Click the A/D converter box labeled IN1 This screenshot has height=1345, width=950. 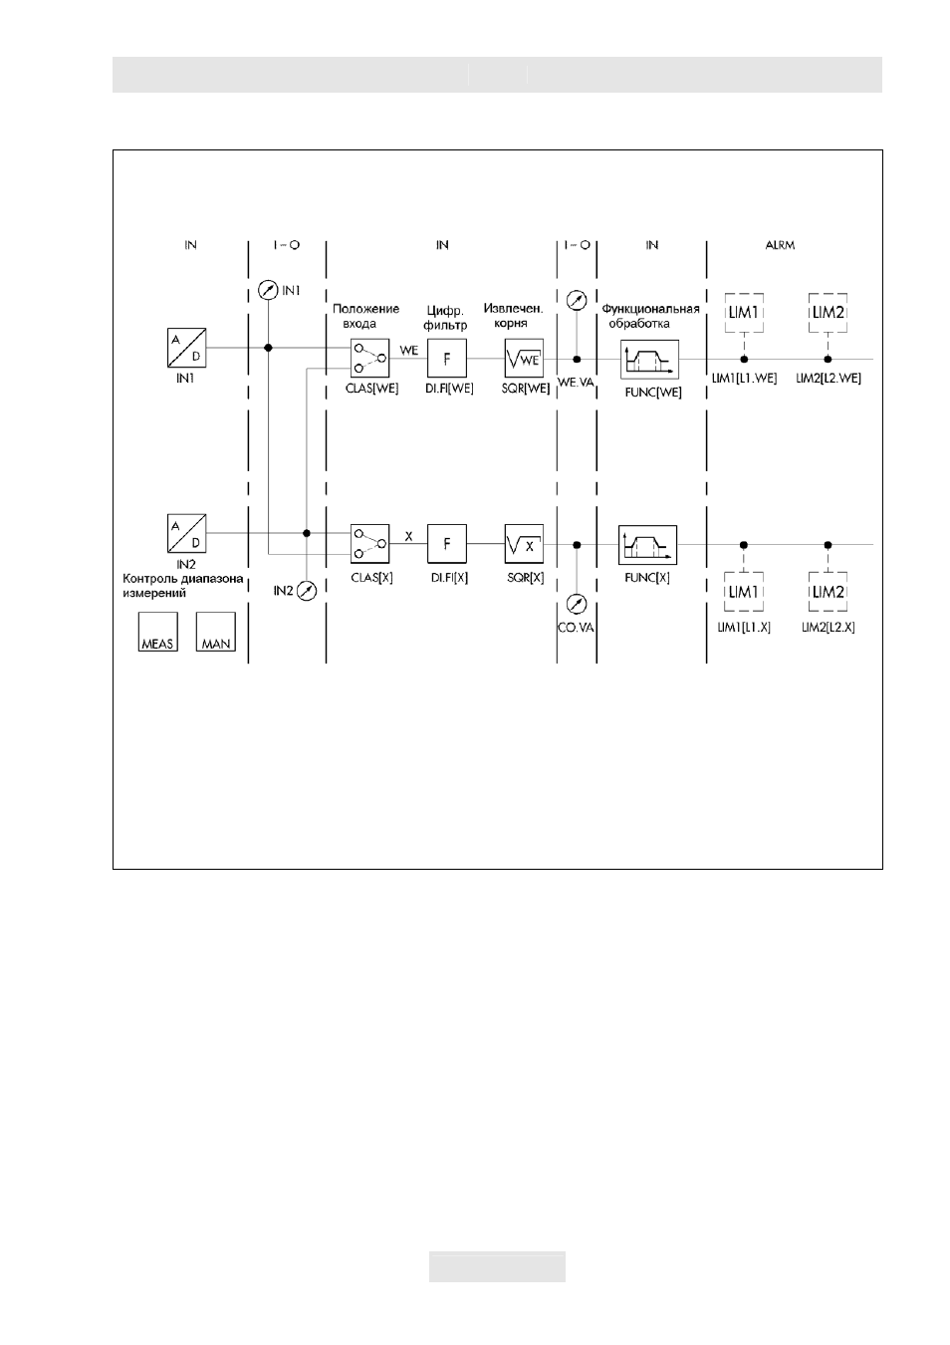pyautogui.click(x=186, y=348)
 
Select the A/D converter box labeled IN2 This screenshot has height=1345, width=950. pyautogui.click(x=186, y=533)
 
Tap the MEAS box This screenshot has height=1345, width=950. pyautogui.click(x=157, y=632)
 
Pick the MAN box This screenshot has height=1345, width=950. pyautogui.click(x=215, y=632)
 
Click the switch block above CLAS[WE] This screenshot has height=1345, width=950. pyautogui.click(x=369, y=359)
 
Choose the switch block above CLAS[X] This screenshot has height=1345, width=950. pyautogui.click(x=369, y=544)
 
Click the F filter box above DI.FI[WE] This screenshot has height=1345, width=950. pyautogui.click(x=446, y=359)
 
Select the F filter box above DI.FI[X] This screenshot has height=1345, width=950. pyautogui.click(x=446, y=544)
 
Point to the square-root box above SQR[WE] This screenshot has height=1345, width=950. pyautogui.click(x=524, y=359)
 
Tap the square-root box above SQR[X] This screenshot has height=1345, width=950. pyautogui.click(x=524, y=544)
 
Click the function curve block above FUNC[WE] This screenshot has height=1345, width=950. pyautogui.click(x=649, y=360)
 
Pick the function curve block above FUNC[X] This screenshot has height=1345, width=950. pyautogui.click(x=647, y=545)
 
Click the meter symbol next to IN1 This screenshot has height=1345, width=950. pyautogui.click(x=268, y=291)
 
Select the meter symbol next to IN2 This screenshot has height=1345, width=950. pyautogui.click(x=307, y=591)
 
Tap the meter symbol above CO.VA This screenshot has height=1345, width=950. pyautogui.click(x=577, y=605)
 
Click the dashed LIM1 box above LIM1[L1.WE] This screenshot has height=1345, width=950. pyautogui.click(x=744, y=313)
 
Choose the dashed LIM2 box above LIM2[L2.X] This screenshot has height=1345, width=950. pyautogui.click(x=828, y=592)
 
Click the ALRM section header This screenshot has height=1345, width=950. pyautogui.click(x=780, y=245)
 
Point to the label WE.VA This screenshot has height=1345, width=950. pyautogui.click(x=577, y=382)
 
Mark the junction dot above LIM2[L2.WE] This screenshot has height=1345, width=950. pyautogui.click(x=828, y=359)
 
